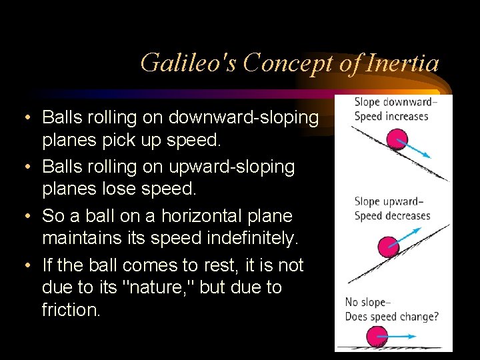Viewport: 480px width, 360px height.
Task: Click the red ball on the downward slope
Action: pos(397,140)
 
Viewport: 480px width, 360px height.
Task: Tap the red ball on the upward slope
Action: pos(389,247)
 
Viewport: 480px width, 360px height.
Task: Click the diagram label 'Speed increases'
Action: pos(391,116)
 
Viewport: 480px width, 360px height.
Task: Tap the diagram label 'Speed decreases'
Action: pos(392,216)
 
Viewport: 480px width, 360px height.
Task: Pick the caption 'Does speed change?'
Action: pos(391,317)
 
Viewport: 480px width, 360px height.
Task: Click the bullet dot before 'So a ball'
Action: pos(25,217)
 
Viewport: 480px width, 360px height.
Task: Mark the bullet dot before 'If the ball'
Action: pos(25,266)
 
